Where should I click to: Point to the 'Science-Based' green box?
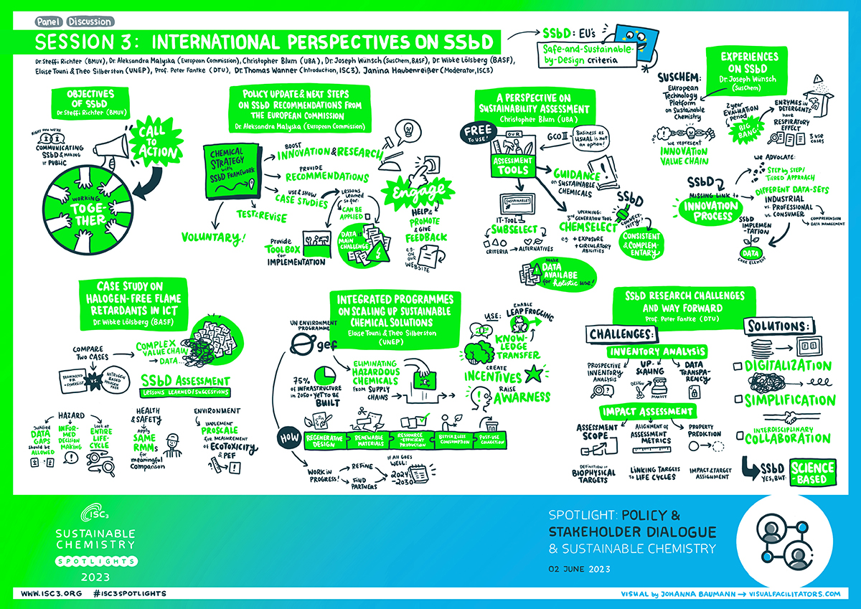coord(813,471)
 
